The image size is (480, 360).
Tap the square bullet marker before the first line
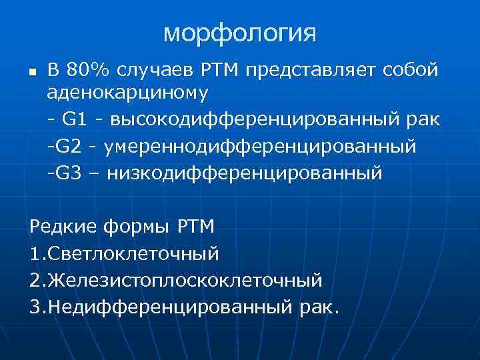(x=32, y=69)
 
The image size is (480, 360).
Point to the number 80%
(x=87, y=69)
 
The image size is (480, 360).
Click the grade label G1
(x=73, y=119)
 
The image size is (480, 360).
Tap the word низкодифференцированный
(x=245, y=173)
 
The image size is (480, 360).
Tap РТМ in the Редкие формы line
(x=196, y=227)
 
